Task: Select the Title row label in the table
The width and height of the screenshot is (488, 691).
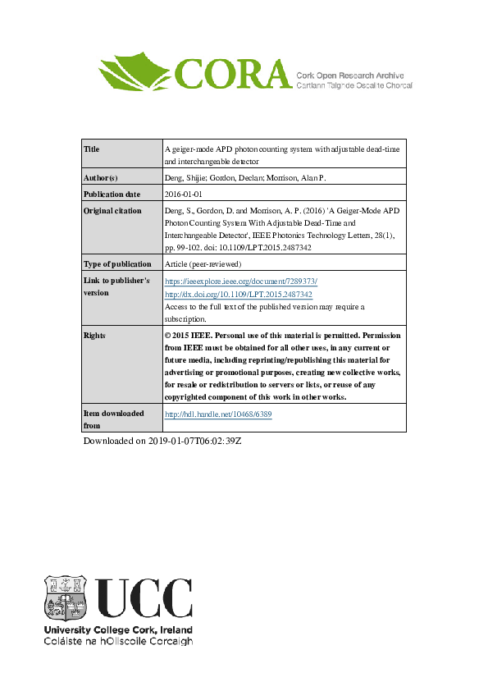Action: [92, 149]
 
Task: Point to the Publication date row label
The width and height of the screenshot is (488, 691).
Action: [112, 194]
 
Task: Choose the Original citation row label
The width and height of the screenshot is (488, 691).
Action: [112, 211]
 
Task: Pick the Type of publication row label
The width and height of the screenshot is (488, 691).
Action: [118, 264]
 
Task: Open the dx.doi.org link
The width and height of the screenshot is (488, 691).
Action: [239, 294]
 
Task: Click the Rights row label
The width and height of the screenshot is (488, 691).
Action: [95, 336]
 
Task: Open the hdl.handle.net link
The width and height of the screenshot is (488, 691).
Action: [218, 414]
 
